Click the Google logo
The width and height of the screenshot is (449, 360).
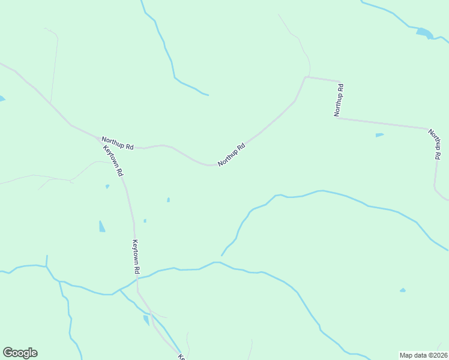coord(20,353)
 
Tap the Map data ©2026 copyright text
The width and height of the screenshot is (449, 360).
coord(423,355)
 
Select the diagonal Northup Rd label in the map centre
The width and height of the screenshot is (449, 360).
coord(232,155)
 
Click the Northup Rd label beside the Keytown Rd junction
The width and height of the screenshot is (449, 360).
coord(117,143)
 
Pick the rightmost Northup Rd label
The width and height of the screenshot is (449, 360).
coord(434,145)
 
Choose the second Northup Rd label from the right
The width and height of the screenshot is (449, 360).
coord(339,100)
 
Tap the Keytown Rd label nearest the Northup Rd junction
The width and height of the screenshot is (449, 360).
coord(113,160)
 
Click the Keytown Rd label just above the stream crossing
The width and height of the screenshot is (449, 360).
coord(136,257)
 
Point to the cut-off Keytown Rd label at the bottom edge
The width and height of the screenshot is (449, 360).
coord(181,357)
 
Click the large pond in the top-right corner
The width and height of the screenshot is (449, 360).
coord(424,32)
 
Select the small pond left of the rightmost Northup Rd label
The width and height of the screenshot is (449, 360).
coord(379,135)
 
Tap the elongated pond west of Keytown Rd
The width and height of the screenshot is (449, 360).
coord(101,226)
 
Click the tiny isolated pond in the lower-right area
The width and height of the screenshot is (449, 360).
coord(402,290)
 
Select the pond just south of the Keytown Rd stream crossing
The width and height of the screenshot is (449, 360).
coord(146,320)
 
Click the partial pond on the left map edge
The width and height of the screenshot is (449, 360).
coord(2,98)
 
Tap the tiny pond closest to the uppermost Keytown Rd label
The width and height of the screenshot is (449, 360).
coord(107,187)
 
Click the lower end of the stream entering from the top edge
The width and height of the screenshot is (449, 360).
coord(208,95)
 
